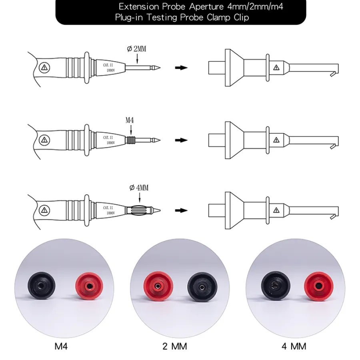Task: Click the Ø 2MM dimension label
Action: point(137,49)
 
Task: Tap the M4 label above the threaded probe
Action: point(130,120)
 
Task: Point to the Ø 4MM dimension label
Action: point(139,188)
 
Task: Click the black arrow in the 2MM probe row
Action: point(181,68)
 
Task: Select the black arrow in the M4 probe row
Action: point(181,140)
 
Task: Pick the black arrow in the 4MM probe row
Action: point(181,210)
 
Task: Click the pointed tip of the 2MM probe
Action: point(160,68)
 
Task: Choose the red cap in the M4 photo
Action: point(89,286)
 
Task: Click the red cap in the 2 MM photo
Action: point(158,286)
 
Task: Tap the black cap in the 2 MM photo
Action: point(202,287)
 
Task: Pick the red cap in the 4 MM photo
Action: point(319,286)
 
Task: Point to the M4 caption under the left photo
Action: point(61,346)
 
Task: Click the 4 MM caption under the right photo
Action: point(294,346)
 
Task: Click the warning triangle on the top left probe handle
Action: point(44,68)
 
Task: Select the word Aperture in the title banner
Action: point(206,7)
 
